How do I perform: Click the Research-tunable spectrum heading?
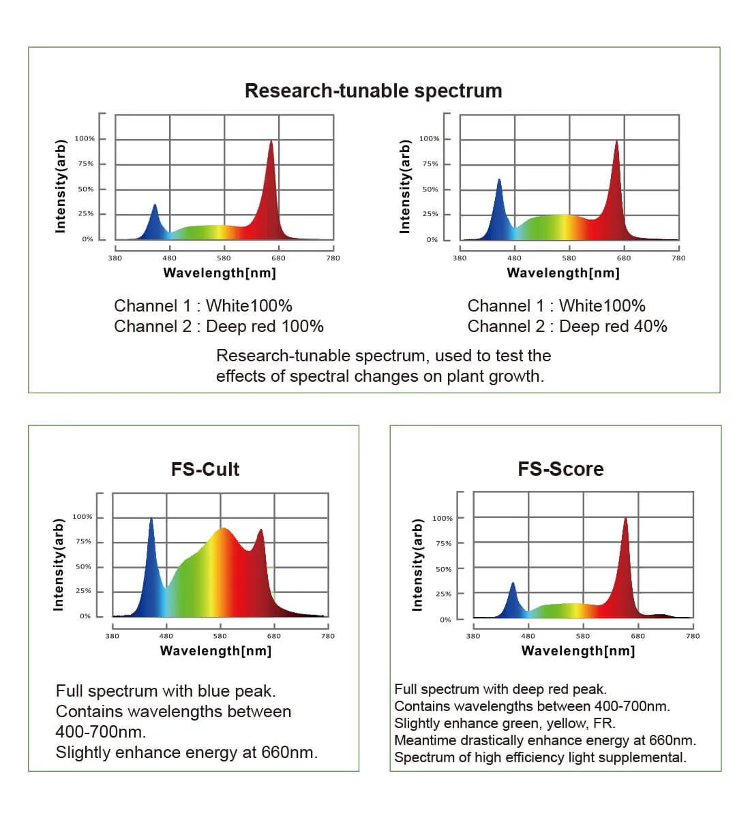pyautogui.click(x=373, y=91)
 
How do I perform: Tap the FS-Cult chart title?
pyautogui.click(x=205, y=469)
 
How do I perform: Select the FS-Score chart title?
pyautogui.click(x=560, y=469)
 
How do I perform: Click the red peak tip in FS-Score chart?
pyautogui.click(x=625, y=519)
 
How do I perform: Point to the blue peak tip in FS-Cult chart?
pyautogui.click(x=151, y=519)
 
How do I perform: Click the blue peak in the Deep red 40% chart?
pyautogui.click(x=499, y=181)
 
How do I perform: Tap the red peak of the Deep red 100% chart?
pyautogui.click(x=271, y=142)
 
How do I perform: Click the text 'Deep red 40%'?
pyautogui.click(x=613, y=327)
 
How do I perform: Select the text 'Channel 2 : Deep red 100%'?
pyautogui.click(x=219, y=327)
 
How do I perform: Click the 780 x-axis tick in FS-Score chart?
pyautogui.click(x=693, y=636)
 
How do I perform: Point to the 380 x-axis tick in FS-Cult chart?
pyautogui.click(x=112, y=636)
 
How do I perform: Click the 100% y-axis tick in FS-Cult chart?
pyautogui.click(x=82, y=517)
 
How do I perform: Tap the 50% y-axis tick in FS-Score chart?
pyautogui.click(x=443, y=569)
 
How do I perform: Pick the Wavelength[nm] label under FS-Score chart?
pyautogui.click(x=578, y=651)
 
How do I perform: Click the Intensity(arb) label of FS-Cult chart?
pyautogui.click(x=59, y=564)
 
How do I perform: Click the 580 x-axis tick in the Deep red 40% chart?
pyautogui.click(x=569, y=258)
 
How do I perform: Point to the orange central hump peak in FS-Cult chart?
pyautogui.click(x=222, y=529)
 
